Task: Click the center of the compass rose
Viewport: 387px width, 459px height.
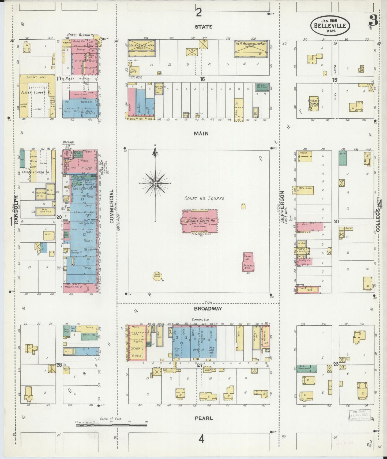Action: click(155, 183)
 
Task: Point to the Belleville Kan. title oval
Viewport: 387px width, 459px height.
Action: click(330, 26)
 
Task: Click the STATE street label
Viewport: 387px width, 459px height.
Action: click(204, 27)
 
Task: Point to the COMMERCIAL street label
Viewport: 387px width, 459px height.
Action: click(112, 206)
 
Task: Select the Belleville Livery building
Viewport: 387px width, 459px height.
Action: click(141, 48)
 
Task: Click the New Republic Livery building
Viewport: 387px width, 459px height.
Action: click(251, 48)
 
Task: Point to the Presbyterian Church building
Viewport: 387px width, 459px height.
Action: click(314, 104)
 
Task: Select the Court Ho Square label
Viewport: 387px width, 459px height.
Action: click(204, 198)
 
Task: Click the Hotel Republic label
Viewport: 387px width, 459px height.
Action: click(80, 35)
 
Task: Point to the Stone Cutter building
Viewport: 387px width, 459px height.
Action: click(305, 190)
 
